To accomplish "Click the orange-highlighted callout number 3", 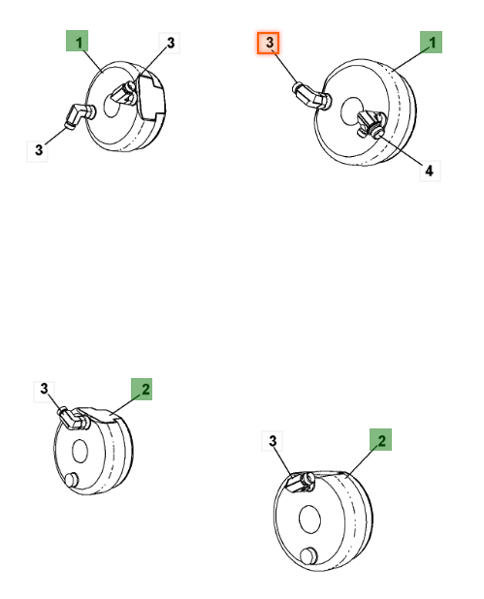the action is pyautogui.click(x=268, y=43).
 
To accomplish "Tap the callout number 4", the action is pyautogui.click(x=430, y=171).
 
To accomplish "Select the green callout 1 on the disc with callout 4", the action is pyautogui.click(x=432, y=42).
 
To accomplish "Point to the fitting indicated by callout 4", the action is pyautogui.click(x=371, y=124).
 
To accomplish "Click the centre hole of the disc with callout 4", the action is pyautogui.click(x=352, y=110).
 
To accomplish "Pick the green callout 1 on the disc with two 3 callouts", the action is pyautogui.click(x=78, y=41).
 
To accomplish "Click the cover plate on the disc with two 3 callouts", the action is pyautogui.click(x=151, y=98).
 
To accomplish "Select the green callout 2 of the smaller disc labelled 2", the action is pyautogui.click(x=142, y=389).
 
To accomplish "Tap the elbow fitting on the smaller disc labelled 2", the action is pyautogui.click(x=73, y=418).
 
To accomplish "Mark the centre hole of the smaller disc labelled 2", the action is pyautogui.click(x=80, y=451).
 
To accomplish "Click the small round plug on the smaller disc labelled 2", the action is pyautogui.click(x=72, y=480).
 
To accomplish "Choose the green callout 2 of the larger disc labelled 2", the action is pyautogui.click(x=381, y=439).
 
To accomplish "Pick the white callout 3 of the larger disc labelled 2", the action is pyautogui.click(x=273, y=441).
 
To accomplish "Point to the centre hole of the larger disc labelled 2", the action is pyautogui.click(x=309, y=520).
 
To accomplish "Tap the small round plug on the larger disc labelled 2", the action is pyautogui.click(x=308, y=556).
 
